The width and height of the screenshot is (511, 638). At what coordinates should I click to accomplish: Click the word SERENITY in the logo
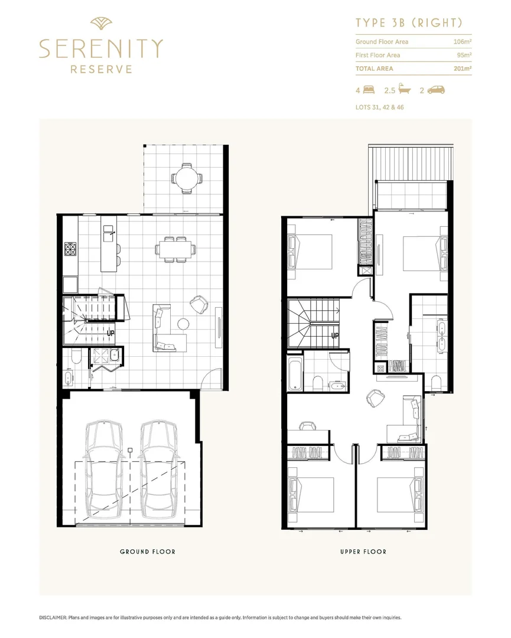click(x=100, y=48)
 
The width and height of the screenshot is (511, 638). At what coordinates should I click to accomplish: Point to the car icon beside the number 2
click(x=436, y=90)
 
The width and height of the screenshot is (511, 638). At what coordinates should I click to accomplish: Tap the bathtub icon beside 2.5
click(x=405, y=90)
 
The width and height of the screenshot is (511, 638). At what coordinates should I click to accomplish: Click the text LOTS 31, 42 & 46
click(x=379, y=108)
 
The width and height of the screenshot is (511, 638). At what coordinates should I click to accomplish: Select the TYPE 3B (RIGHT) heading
click(x=408, y=23)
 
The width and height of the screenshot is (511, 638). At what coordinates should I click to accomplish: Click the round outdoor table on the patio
click(x=187, y=177)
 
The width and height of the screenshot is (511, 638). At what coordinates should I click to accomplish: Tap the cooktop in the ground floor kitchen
click(x=71, y=249)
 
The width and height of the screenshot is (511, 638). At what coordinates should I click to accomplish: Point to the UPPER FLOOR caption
click(x=363, y=552)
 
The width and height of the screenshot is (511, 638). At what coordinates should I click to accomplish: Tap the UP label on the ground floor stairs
click(x=110, y=333)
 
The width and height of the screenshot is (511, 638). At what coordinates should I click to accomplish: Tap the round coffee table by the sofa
click(x=183, y=323)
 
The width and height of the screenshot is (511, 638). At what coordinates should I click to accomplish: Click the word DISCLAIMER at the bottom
click(x=53, y=617)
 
